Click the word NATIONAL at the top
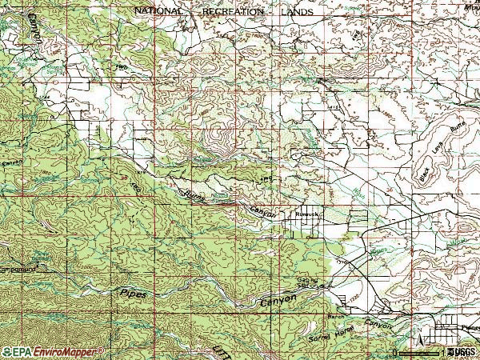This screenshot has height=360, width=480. (x=159, y=12)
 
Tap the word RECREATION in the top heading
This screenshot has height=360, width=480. (x=234, y=12)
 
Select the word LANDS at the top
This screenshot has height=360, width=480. (x=298, y=12)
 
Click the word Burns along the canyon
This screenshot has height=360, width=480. (x=194, y=195)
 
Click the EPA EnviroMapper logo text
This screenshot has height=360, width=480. (x=53, y=351)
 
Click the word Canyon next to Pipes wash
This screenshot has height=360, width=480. (x=278, y=302)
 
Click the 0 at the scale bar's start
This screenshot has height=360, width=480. (x=395, y=353)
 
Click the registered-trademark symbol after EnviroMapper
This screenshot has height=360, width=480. (x=102, y=349)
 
